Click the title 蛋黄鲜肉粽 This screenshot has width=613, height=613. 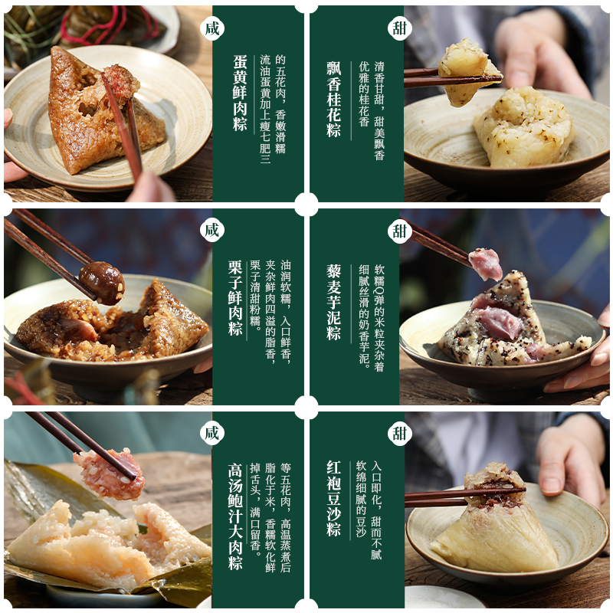240,92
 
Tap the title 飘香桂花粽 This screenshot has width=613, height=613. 333,99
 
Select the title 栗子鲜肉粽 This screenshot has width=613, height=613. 235,297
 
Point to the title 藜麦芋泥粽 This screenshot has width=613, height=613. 333,302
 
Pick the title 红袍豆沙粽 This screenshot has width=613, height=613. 333,498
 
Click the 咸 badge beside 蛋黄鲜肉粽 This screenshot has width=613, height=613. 212,28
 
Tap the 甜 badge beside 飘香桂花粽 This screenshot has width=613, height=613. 399,28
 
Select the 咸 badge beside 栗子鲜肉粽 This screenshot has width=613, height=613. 212,230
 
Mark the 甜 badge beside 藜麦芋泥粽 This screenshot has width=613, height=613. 399,231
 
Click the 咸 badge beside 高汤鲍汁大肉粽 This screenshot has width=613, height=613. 212,433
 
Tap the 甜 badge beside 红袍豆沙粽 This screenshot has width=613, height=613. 399,433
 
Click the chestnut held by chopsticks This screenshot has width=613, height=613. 102,283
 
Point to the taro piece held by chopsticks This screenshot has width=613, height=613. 485,264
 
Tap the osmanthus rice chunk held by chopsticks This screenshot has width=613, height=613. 466,72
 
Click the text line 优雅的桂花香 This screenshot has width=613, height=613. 363,93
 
